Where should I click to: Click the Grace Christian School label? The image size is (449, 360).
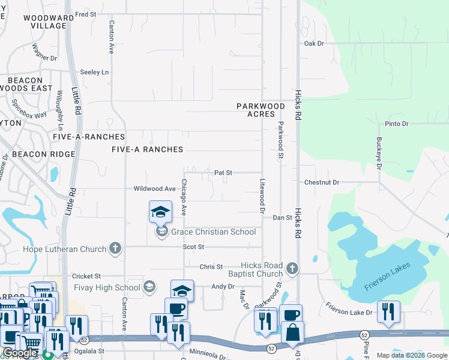(213, 232)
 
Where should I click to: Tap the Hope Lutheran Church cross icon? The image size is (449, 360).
(115, 248)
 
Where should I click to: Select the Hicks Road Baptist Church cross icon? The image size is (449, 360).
(292, 268)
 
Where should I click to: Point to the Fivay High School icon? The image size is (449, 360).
(149, 287)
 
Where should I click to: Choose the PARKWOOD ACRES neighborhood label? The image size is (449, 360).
(260, 110)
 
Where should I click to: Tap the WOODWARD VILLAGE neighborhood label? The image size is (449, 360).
(44, 22)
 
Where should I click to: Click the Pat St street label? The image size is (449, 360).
(223, 173)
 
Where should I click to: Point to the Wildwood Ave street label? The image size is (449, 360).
(154, 188)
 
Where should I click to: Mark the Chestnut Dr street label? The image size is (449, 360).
(322, 182)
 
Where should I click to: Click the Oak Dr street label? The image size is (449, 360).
(314, 44)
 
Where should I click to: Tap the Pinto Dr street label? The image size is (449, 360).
(396, 124)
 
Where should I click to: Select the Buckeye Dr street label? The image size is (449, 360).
(379, 153)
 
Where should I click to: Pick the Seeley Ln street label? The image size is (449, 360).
(94, 73)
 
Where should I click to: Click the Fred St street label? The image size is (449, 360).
(86, 14)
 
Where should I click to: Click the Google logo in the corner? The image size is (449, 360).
(20, 353)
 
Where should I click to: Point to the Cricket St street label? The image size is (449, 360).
(86, 276)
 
